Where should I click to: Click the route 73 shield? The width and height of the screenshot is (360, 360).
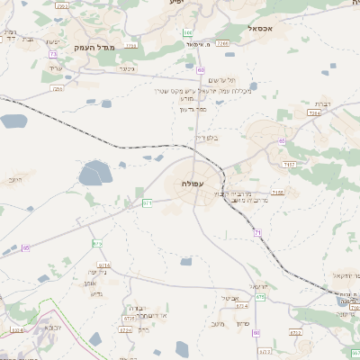point(54,54)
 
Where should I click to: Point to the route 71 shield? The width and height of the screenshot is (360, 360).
point(257,233)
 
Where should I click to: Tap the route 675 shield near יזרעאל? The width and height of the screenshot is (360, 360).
point(261,296)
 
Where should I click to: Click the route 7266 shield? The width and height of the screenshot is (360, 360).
point(222,43)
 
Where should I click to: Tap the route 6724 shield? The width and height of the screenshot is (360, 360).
point(127,318)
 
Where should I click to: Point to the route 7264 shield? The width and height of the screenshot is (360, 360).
point(314,113)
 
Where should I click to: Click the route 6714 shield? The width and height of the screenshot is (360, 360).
point(103,265)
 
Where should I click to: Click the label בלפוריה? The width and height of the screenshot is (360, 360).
point(231,138)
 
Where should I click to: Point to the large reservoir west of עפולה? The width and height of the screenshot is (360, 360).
point(94,173)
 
